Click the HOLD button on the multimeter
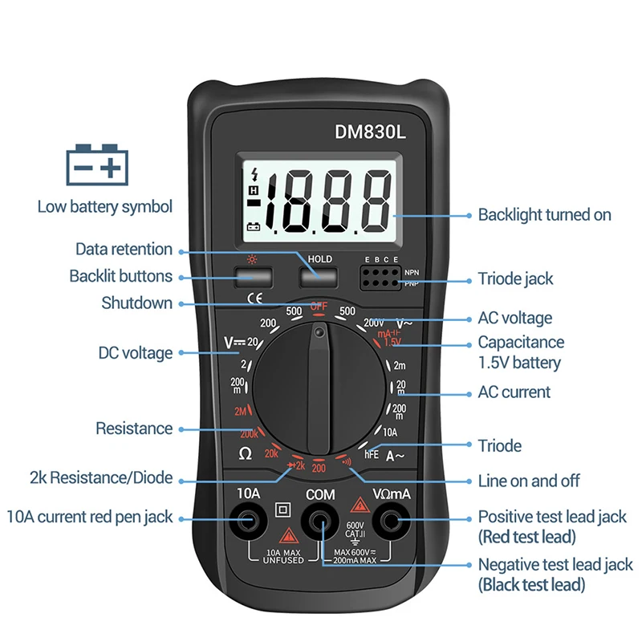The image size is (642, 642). pyautogui.click(x=319, y=277)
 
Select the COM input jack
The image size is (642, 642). pyautogui.click(x=319, y=523)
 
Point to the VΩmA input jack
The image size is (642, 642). pyautogui.click(x=392, y=522)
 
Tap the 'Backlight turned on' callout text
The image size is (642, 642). pyautogui.click(x=544, y=215)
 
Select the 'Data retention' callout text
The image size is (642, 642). pyautogui.click(x=124, y=250)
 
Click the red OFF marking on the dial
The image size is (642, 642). pyautogui.click(x=319, y=306)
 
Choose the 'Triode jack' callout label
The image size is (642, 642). pyautogui.click(x=515, y=279)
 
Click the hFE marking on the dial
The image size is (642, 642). pyautogui.click(x=372, y=453)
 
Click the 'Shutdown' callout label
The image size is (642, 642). pyautogui.click(x=136, y=303)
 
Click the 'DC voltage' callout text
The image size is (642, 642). pyautogui.click(x=135, y=353)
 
